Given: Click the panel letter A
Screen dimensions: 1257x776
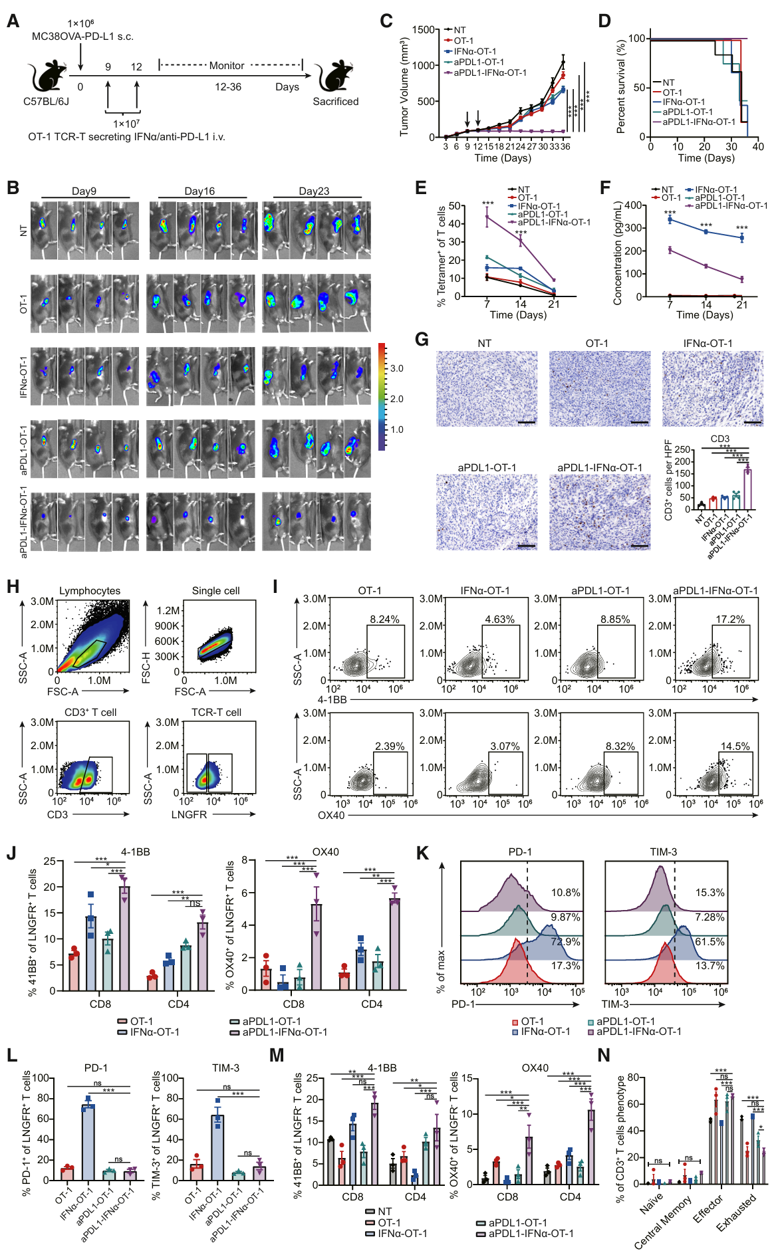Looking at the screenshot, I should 13,21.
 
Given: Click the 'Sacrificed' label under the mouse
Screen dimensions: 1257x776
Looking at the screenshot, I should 335,102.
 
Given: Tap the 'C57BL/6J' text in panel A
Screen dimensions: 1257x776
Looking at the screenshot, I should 47,102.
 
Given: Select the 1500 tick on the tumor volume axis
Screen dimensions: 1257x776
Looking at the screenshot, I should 422,30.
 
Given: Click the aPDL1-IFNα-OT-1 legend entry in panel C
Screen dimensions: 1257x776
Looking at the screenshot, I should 489,73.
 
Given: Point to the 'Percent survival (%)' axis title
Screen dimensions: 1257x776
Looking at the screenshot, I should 621,86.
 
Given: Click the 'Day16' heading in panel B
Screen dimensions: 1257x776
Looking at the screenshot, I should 199,191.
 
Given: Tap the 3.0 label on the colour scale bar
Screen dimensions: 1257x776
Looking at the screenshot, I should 397,368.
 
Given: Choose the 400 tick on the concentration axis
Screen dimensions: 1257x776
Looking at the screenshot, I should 634,205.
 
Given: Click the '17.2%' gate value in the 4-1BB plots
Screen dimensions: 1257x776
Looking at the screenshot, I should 729,620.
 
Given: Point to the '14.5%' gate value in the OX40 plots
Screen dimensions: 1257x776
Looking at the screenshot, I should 735,746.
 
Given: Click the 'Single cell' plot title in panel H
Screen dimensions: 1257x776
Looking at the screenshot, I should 215,591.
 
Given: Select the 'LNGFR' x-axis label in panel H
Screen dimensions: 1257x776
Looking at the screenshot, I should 190,814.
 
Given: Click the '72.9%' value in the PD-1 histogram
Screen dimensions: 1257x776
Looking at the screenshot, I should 565,942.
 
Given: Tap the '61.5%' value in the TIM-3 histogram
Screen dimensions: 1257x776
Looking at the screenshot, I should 710,942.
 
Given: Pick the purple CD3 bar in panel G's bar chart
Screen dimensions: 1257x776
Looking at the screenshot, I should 747,489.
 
